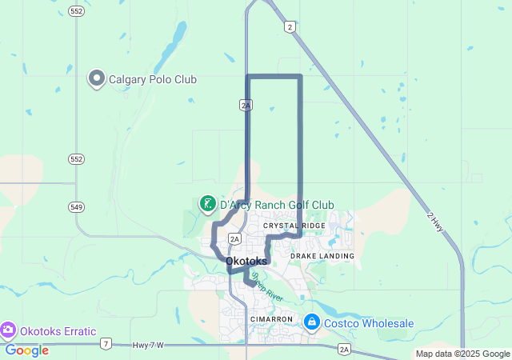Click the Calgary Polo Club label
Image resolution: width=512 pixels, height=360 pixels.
(152, 79)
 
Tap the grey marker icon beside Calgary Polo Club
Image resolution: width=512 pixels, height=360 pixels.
(97, 78)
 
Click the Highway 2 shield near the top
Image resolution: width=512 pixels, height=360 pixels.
(290, 27)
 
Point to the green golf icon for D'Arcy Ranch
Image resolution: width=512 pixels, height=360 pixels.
(206, 204)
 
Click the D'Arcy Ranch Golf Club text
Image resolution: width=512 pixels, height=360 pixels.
(277, 205)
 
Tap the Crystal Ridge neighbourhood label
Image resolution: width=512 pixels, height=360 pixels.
(294, 226)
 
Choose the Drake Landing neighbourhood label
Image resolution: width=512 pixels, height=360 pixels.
(322, 255)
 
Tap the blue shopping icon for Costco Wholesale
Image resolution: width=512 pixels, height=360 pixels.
(311, 323)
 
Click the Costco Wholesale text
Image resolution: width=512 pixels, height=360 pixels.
(369, 323)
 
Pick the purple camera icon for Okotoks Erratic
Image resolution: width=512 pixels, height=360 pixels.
(8, 330)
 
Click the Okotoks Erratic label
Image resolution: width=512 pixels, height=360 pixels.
(58, 331)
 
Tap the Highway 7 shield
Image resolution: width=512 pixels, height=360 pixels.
(106, 345)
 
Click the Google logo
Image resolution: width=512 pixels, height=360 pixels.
(26, 350)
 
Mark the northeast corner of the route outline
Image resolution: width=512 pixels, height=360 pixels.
(301, 76)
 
